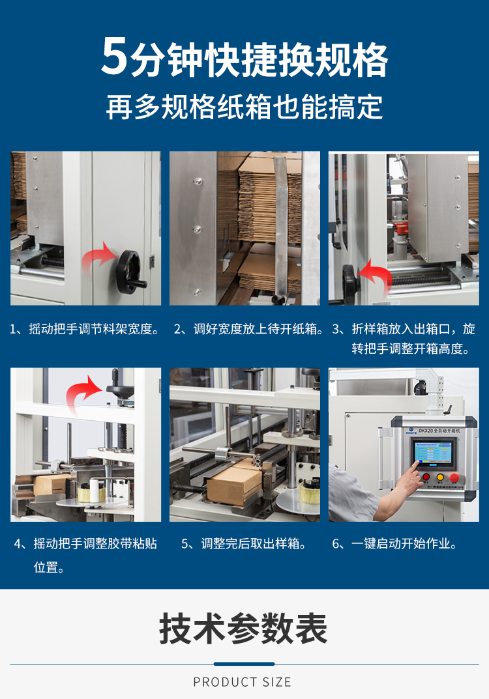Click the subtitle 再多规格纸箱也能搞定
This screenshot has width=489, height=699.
(244, 107)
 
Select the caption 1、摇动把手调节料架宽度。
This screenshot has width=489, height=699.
(85, 330)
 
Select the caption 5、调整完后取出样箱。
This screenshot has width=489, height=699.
(244, 543)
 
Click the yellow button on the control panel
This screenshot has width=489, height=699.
(439, 477)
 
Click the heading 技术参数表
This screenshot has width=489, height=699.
(244, 629)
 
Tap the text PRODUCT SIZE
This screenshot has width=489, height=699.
(243, 682)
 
